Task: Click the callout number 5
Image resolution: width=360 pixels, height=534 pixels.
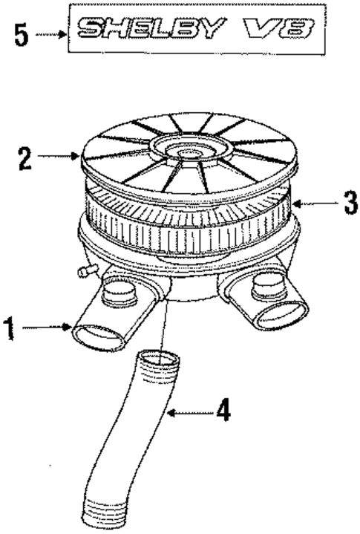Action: (21, 35)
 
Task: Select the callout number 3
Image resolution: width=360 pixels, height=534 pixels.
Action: (350, 203)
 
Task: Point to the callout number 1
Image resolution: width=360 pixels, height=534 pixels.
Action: (10, 328)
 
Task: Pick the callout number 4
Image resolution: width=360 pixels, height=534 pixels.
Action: (223, 411)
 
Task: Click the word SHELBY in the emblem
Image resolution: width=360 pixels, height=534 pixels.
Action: (151, 28)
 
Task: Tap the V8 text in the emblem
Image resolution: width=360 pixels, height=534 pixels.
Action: (279, 28)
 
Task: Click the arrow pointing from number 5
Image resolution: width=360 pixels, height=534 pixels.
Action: (51, 34)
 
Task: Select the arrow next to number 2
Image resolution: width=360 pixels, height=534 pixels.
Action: (59, 156)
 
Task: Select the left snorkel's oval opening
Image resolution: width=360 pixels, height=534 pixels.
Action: (98, 337)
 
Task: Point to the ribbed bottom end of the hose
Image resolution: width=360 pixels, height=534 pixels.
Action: (99, 511)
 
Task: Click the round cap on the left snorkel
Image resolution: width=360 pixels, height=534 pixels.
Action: (119, 293)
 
